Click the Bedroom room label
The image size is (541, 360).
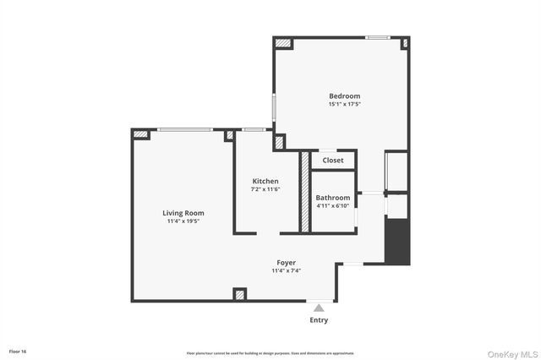[x=344, y=95]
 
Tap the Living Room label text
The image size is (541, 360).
[x=183, y=213]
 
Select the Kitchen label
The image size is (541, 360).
[x=265, y=181]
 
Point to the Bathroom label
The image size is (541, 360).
[x=333, y=197]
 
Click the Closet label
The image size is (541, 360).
[x=333, y=160]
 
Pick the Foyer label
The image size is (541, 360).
[x=287, y=263]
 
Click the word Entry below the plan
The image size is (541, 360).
[x=319, y=320]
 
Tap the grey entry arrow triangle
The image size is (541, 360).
[x=319, y=308]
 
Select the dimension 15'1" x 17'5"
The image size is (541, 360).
[x=344, y=105]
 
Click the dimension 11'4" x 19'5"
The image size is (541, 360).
[x=183, y=221]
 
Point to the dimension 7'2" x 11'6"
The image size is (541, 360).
[x=265, y=189]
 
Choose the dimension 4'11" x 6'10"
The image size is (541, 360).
[x=333, y=205]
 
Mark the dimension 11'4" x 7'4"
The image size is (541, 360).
[x=287, y=271]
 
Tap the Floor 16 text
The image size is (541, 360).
[x=17, y=350]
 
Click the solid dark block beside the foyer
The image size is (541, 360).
[x=397, y=241]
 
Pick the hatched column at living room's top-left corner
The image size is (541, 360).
[x=141, y=134]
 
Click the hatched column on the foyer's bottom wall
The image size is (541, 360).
[x=240, y=294]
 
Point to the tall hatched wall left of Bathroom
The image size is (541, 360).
[x=305, y=191]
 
